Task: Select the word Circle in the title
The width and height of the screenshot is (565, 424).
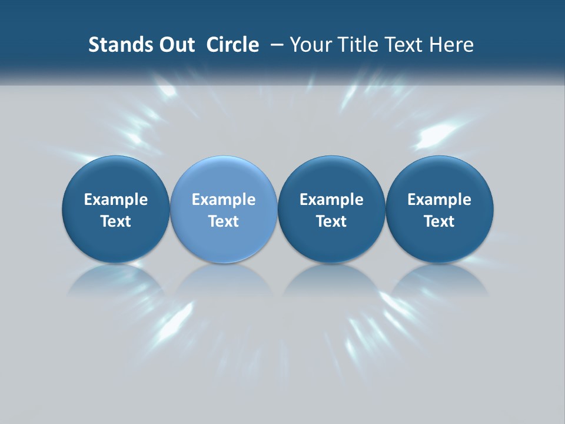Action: (x=232, y=45)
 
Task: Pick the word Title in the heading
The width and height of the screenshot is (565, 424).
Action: (x=357, y=45)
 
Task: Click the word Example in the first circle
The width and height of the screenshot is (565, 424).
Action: (x=116, y=200)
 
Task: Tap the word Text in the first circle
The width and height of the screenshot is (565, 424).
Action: (x=116, y=221)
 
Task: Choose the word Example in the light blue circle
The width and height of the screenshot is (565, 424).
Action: (x=224, y=200)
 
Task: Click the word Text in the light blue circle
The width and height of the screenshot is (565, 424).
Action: (x=224, y=221)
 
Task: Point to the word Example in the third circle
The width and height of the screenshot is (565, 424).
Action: (x=331, y=200)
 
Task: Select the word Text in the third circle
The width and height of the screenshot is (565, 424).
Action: (x=331, y=221)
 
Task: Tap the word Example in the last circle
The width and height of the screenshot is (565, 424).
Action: (x=439, y=200)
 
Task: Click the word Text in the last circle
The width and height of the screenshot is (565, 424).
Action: (x=439, y=221)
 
